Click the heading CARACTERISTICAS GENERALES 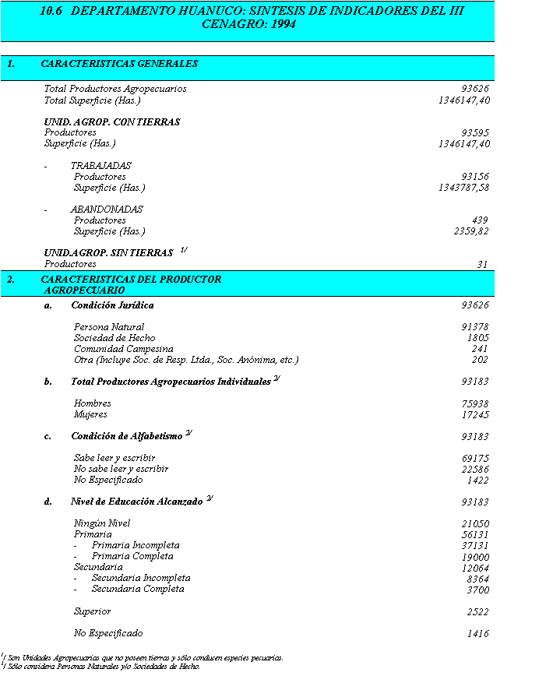(x=119, y=64)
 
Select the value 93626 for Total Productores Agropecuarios (x=475, y=90)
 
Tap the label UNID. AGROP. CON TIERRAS (x=112, y=122)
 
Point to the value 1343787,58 (x=464, y=188)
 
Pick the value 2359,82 (x=472, y=232)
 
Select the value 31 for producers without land (x=482, y=265)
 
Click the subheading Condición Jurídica (x=112, y=305)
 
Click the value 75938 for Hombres (x=475, y=404)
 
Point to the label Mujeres (x=90, y=414)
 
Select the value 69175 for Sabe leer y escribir (x=475, y=459)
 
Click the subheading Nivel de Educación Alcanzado (x=137, y=502)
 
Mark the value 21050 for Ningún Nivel (x=475, y=524)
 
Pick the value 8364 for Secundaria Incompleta (x=477, y=579)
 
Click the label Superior (x=92, y=611)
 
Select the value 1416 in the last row (x=477, y=634)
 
